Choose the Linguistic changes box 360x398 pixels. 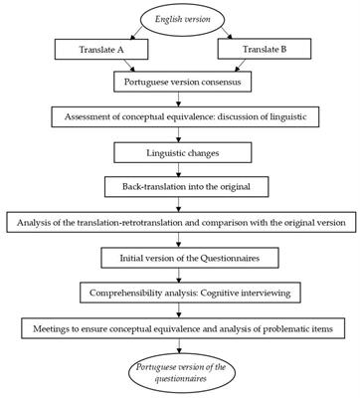click(179, 153)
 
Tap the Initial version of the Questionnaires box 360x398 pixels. click(179, 258)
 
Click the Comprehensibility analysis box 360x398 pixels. click(179, 293)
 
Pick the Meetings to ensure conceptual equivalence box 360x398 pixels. click(179, 327)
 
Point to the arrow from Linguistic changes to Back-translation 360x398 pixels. click(179, 170)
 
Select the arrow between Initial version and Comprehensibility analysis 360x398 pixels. click(179, 275)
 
